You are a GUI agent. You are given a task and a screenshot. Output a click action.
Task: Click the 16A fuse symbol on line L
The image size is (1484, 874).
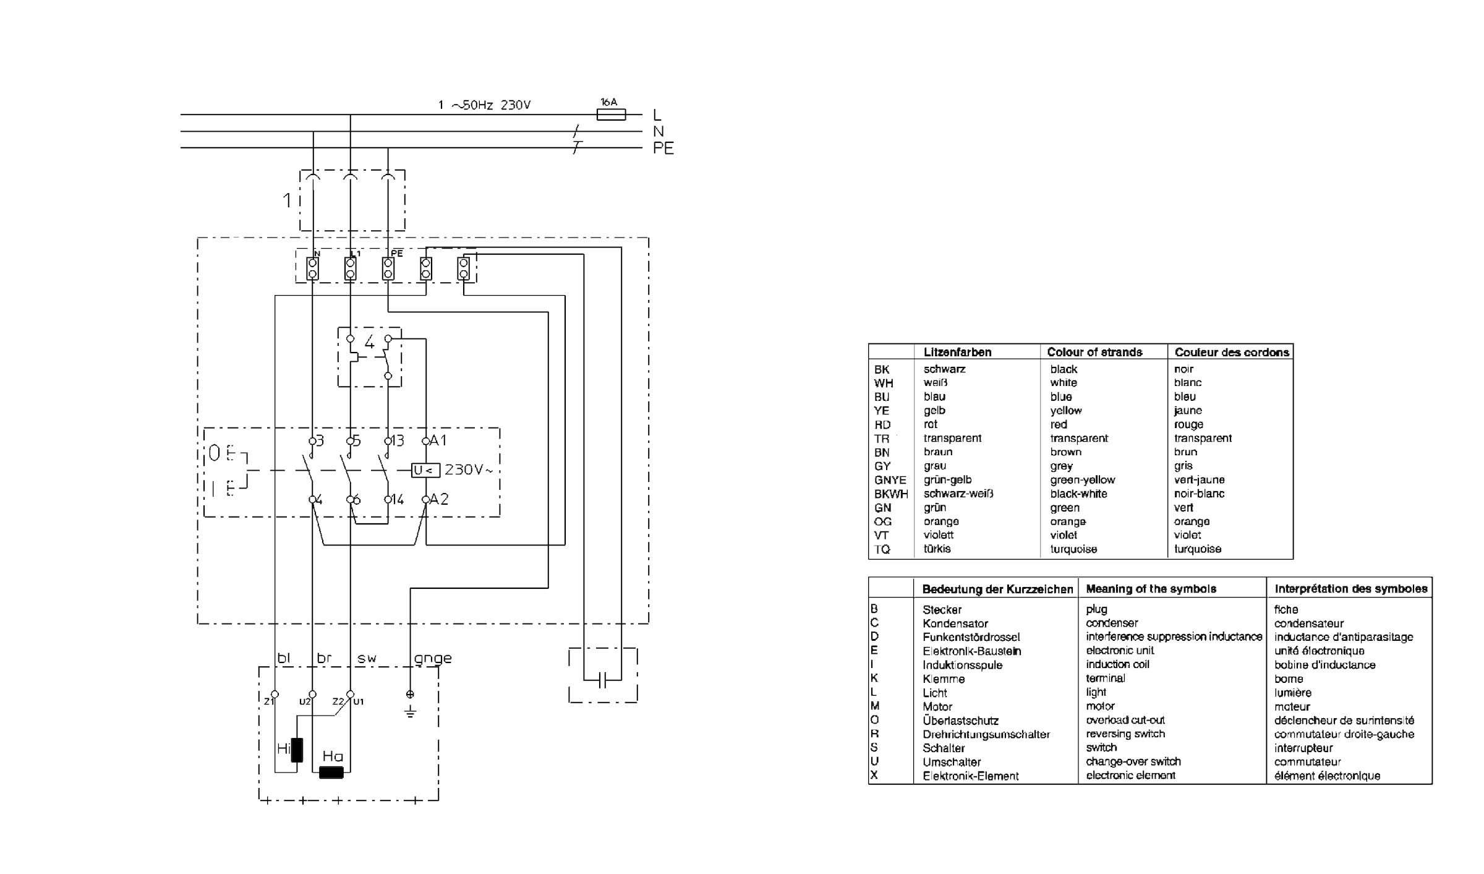[611, 114]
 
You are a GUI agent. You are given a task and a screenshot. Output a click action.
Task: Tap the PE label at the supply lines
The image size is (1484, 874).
[663, 148]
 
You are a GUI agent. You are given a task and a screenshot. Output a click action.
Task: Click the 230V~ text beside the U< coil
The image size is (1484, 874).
[469, 470]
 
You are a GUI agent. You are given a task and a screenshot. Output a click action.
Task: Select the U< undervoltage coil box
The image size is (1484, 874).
[425, 471]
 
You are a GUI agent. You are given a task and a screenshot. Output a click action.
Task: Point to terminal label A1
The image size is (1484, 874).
[438, 440]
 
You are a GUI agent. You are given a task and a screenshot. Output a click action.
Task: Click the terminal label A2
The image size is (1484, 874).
[439, 499]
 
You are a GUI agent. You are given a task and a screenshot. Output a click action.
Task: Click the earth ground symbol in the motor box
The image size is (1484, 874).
[410, 711]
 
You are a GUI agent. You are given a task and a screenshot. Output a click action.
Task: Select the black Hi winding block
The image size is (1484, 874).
[297, 750]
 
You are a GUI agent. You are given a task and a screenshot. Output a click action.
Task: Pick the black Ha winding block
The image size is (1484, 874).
[331, 772]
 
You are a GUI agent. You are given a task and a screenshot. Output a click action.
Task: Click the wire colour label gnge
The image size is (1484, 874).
[433, 658]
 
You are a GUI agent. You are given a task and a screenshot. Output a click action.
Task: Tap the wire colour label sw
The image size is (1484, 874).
[367, 658]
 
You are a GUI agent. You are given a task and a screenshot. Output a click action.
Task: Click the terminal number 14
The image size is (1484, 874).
[398, 499]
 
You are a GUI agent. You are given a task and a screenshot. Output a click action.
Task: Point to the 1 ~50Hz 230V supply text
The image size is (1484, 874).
[484, 105]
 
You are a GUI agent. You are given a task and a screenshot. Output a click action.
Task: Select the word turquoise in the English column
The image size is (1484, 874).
[1073, 549]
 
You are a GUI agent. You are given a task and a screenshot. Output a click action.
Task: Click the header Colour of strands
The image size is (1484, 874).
[1094, 352]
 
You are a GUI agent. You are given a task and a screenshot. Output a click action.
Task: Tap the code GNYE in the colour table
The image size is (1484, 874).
[890, 480]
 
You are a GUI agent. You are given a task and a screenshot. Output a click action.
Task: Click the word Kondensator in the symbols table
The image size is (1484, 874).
[955, 623]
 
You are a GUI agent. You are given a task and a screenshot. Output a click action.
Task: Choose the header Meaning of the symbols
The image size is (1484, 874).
[1151, 589]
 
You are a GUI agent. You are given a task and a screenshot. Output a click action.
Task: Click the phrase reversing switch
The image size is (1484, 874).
[1125, 734]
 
